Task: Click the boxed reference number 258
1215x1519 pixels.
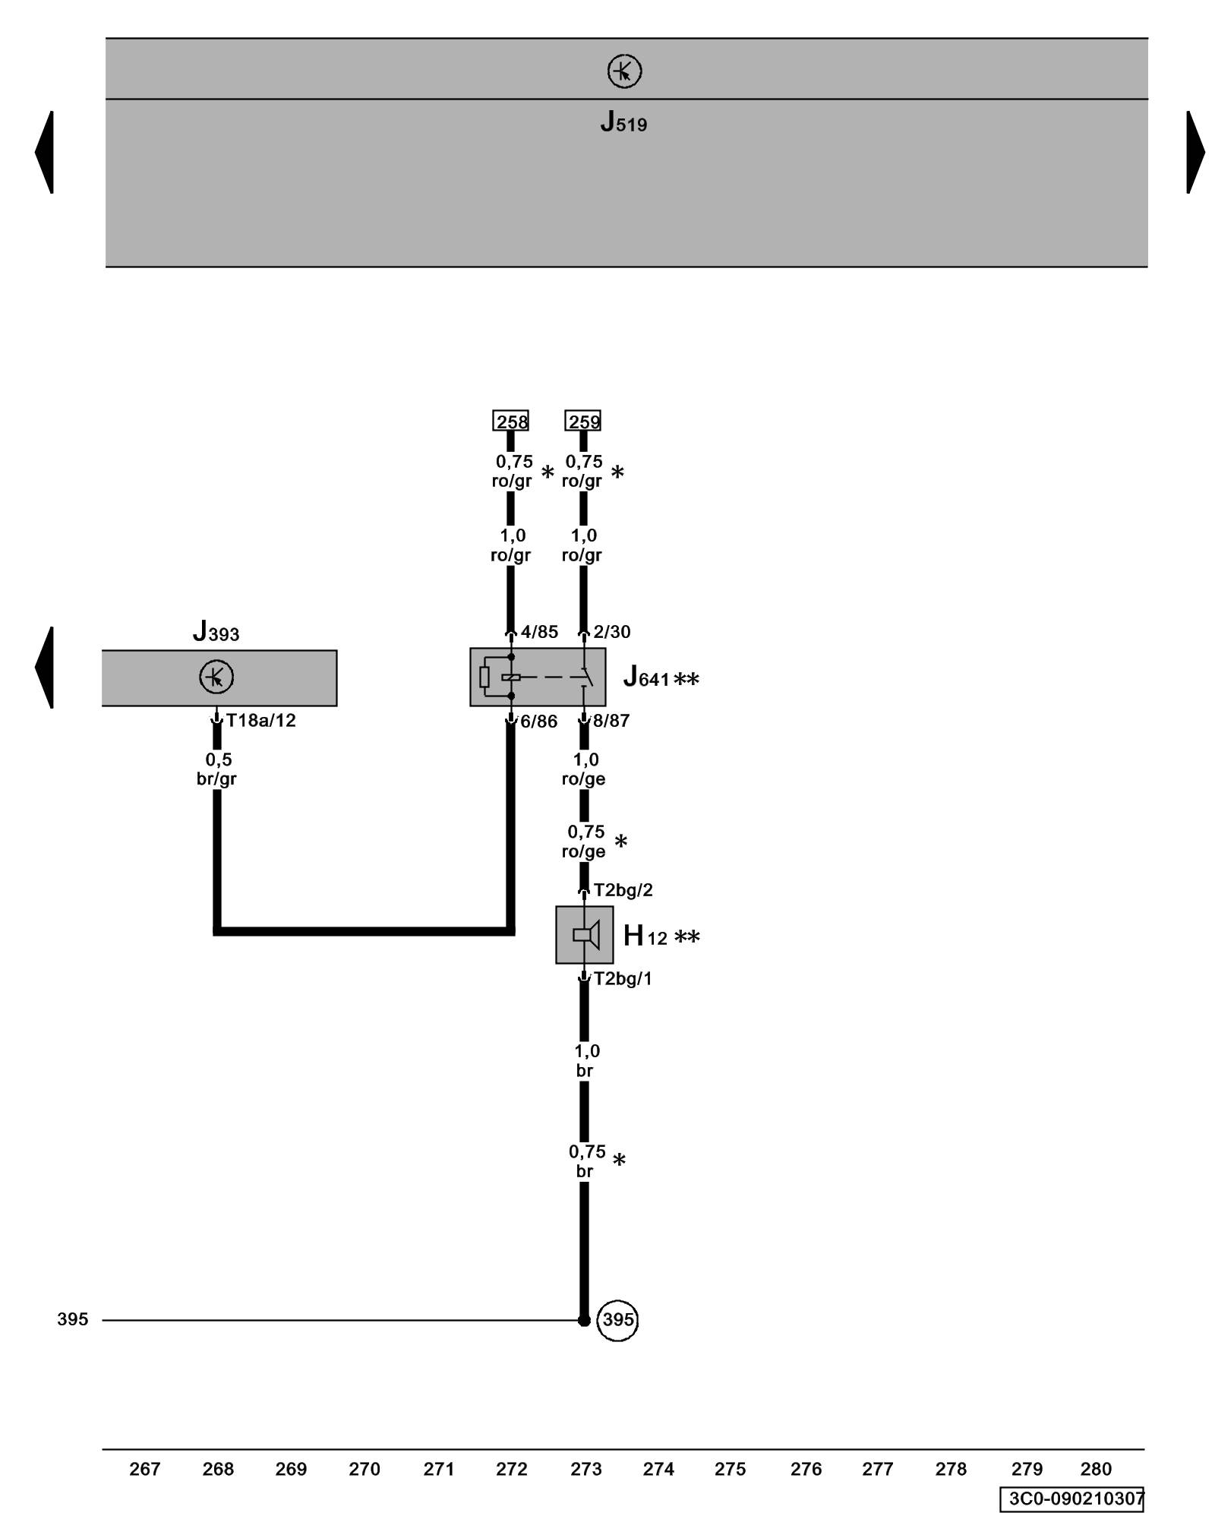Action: tap(511, 421)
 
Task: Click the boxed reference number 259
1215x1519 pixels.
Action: tap(583, 421)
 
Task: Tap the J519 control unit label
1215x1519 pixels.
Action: tap(623, 122)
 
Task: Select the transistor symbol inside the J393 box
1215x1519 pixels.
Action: tap(216, 677)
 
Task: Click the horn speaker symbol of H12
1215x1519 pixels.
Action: tap(585, 934)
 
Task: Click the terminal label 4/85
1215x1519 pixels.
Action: tap(539, 632)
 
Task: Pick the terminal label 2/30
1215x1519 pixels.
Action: tap(612, 632)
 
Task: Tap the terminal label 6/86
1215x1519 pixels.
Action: tap(539, 722)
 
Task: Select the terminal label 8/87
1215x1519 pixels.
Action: tap(611, 721)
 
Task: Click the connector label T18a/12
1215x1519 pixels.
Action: tap(261, 720)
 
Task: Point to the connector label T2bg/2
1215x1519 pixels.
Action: tap(623, 890)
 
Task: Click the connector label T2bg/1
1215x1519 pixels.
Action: tap(623, 979)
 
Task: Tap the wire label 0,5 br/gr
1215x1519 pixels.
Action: tap(217, 769)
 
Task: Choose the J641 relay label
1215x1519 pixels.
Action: tap(646, 677)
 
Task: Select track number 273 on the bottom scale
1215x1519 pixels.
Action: tap(585, 1470)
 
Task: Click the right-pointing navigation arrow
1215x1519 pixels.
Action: tap(1195, 152)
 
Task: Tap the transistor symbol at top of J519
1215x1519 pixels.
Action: tap(624, 71)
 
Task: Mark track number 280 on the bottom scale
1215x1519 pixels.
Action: tap(1096, 1470)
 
